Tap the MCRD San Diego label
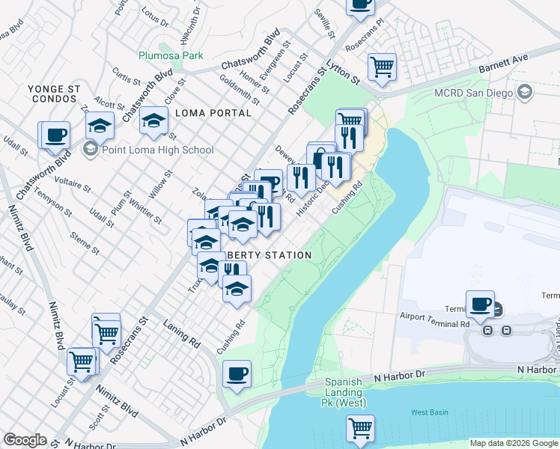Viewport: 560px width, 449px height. (x=473, y=94)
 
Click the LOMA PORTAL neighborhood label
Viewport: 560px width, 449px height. (x=213, y=113)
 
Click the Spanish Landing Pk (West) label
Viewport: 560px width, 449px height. (x=345, y=393)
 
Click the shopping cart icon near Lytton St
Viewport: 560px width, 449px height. (x=383, y=66)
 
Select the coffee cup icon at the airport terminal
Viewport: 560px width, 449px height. (x=480, y=304)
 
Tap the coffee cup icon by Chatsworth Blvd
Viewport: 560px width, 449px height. (x=55, y=135)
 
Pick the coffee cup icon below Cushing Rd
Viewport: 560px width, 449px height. (x=237, y=373)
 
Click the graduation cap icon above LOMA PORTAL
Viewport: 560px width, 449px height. (x=154, y=122)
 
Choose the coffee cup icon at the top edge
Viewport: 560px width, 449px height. (x=360, y=4)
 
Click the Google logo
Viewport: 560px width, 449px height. (x=25, y=440)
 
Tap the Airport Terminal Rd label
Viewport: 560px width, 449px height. (x=434, y=320)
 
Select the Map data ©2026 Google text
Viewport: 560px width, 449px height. (x=513, y=443)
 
